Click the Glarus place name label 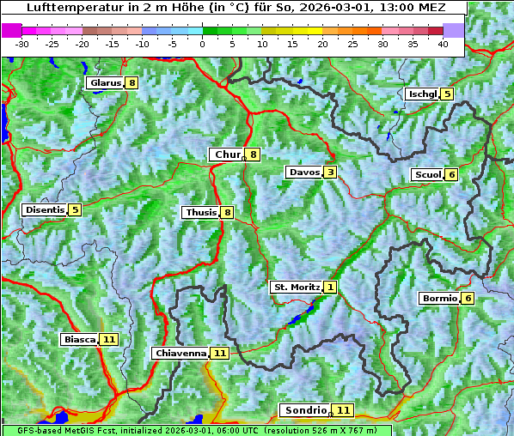[105, 83]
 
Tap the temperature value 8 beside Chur [254, 154]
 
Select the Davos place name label [304, 173]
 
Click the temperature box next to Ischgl [447, 94]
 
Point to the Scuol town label [427, 174]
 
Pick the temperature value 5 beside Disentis [75, 209]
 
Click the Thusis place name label [200, 212]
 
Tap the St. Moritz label [297, 287]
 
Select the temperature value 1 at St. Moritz [331, 287]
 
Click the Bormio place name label [438, 299]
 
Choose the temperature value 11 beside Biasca [108, 340]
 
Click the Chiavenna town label [181, 353]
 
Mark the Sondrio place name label [305, 410]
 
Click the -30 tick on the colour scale [22, 43]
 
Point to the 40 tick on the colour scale [443, 43]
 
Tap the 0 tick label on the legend [202, 43]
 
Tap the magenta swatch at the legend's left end [11, 30]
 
